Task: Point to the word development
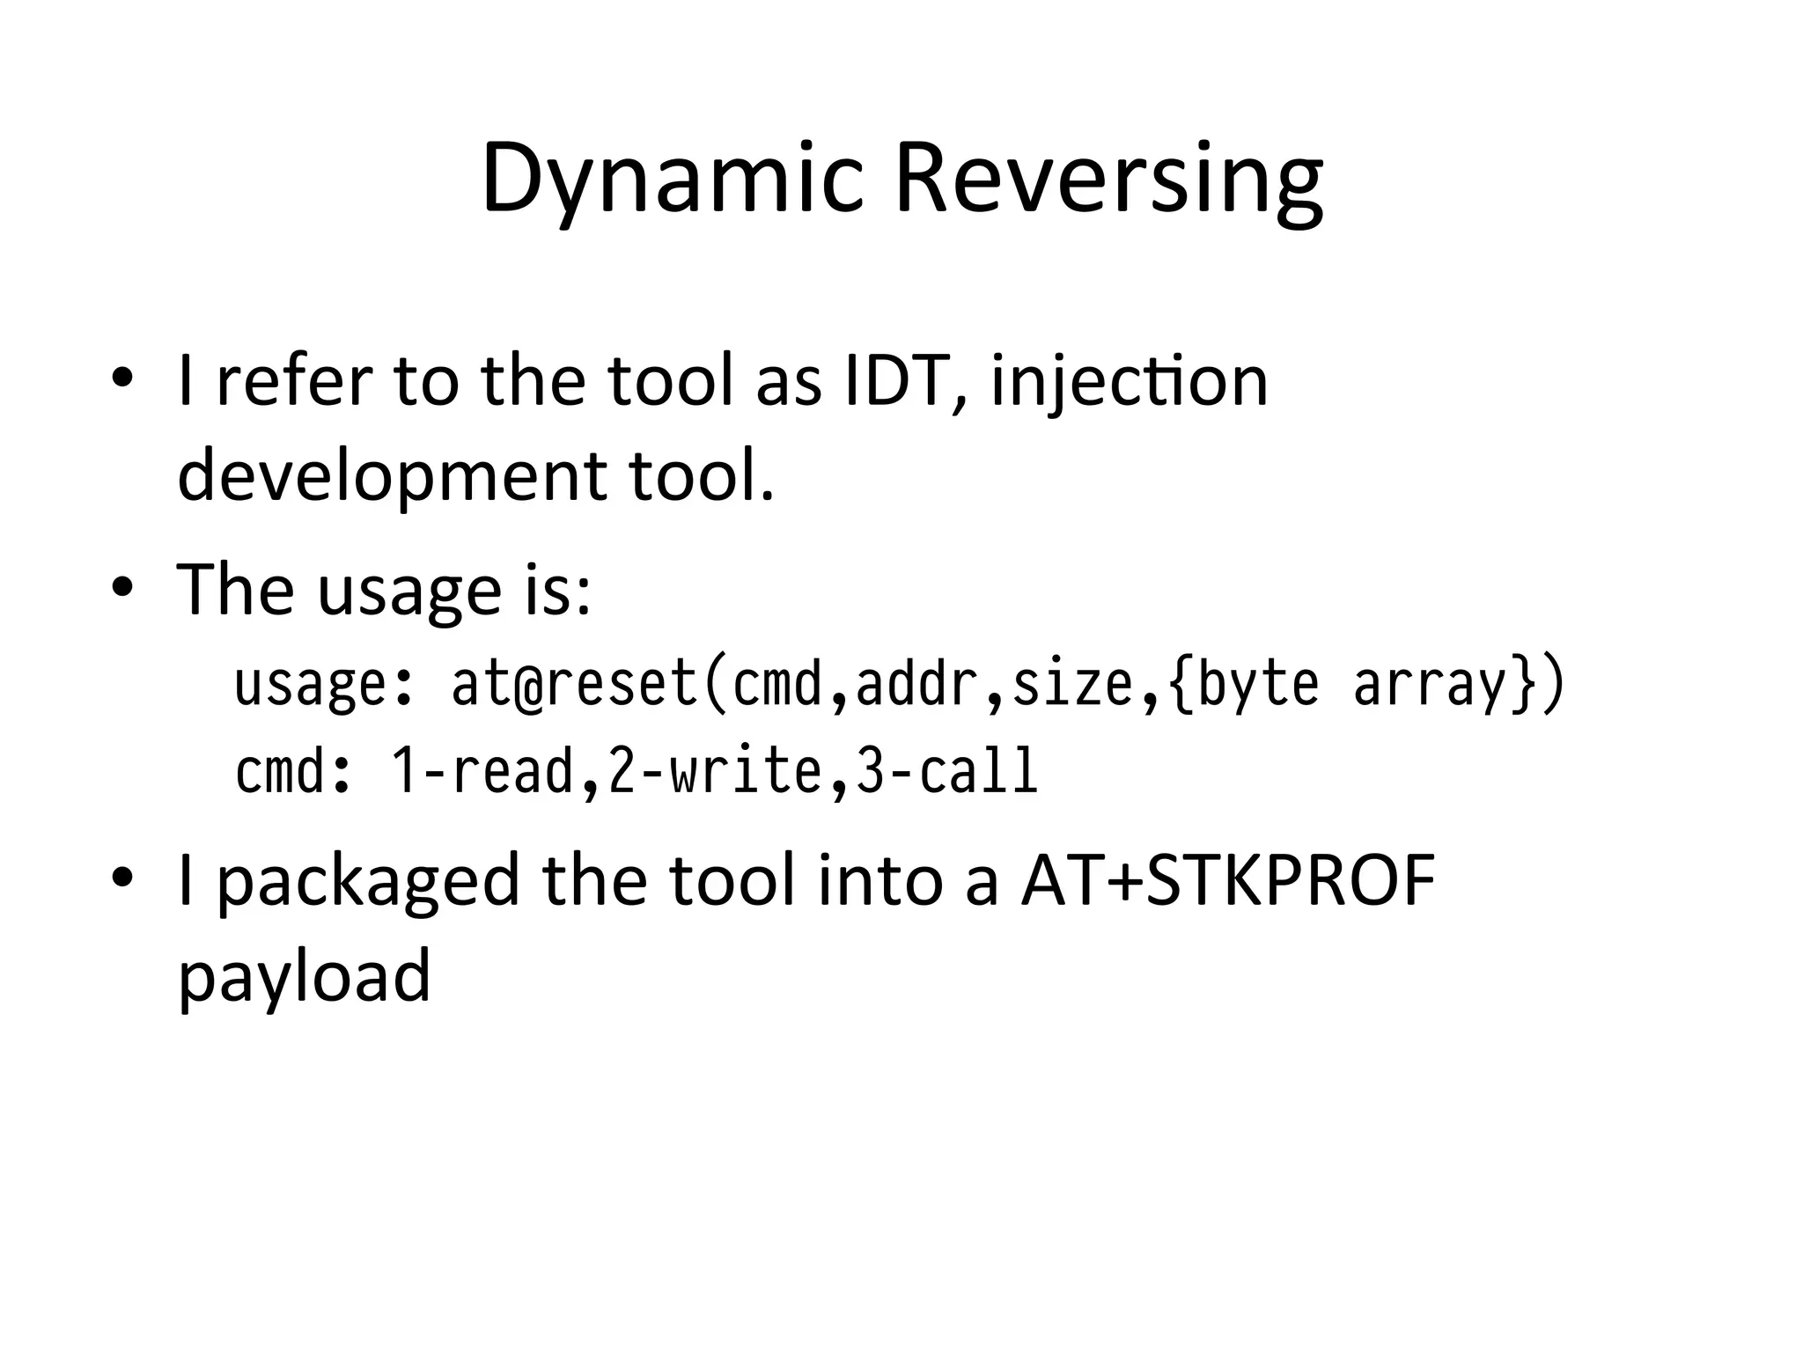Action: tap(391, 475)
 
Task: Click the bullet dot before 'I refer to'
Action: tap(122, 378)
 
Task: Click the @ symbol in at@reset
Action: tap(529, 685)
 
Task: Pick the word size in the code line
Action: tap(1072, 685)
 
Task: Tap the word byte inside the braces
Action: tap(1259, 685)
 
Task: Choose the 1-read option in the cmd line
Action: tap(482, 771)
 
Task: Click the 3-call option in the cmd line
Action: tap(947, 771)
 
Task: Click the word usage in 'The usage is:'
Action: tap(409, 590)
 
